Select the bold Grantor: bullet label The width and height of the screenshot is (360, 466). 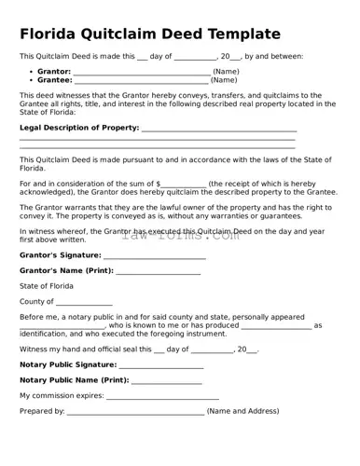point(54,71)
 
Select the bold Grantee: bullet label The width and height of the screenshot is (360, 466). point(54,80)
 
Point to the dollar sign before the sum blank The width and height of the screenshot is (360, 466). point(159,185)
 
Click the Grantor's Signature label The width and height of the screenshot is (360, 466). point(60,254)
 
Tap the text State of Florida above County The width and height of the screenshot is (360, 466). point(47,286)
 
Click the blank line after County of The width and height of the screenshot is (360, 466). point(84,303)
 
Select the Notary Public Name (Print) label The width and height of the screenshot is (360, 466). point(75,380)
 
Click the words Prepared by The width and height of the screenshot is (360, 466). point(42,411)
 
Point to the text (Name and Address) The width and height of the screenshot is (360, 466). point(242,411)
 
